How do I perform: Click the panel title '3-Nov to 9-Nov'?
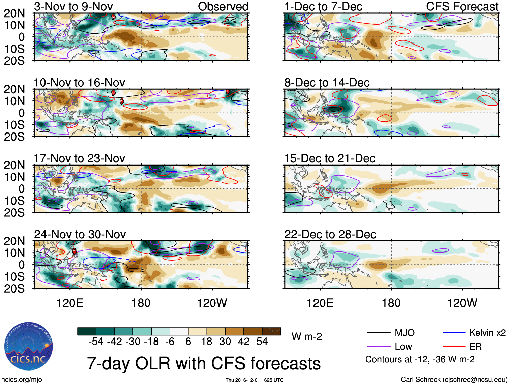73,6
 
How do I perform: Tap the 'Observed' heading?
223,6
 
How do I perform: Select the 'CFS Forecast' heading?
462,6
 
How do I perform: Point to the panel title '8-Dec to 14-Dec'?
327,83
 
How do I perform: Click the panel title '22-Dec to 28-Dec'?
330,234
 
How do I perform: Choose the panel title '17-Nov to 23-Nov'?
79,158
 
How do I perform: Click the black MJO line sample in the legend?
378,333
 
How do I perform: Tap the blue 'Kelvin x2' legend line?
454,333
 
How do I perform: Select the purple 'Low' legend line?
378,347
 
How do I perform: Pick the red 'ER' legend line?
454,347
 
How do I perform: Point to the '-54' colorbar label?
96,342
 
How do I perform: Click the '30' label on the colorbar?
225,342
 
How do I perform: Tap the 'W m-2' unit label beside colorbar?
306,337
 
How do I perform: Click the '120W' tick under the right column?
462,303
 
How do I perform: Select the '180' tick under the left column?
141,303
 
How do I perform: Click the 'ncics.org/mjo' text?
22,380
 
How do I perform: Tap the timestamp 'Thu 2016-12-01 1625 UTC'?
254,380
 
